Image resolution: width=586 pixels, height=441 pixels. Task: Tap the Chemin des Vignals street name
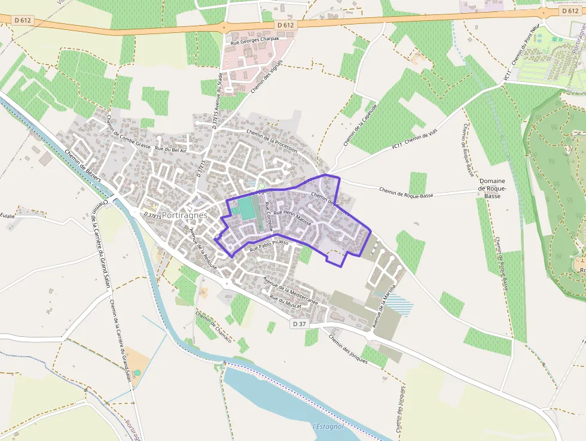pyautogui.click(x=266, y=77)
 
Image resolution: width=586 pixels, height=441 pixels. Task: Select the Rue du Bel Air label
pyautogui.click(x=171, y=149)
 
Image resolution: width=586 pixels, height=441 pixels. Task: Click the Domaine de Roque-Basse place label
pyautogui.click(x=492, y=188)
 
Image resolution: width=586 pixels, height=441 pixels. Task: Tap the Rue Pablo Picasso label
pyautogui.click(x=269, y=245)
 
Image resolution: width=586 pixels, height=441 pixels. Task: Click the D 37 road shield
pyautogui.click(x=300, y=324)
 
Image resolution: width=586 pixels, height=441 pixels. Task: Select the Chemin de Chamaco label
pyautogui.click(x=213, y=326)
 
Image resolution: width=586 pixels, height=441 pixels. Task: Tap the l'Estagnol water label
pyautogui.click(x=328, y=427)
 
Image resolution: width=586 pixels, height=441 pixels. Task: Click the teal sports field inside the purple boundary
pyautogui.click(x=246, y=209)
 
